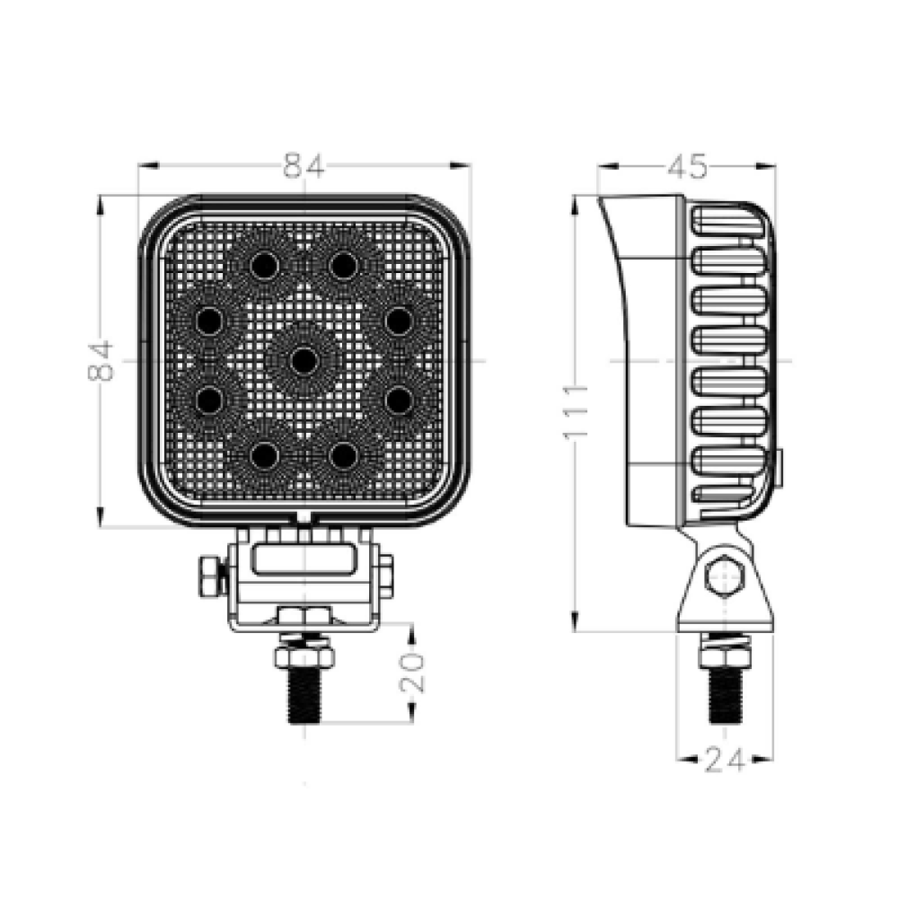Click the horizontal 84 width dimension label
click(304, 166)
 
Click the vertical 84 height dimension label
click(101, 361)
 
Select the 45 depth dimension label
click(687, 167)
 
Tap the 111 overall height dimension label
click(576, 412)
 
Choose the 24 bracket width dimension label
click(725, 760)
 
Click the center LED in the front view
click(304, 361)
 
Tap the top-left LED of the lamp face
click(264, 265)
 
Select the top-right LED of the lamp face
click(344, 265)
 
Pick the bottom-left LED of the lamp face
click(264, 456)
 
